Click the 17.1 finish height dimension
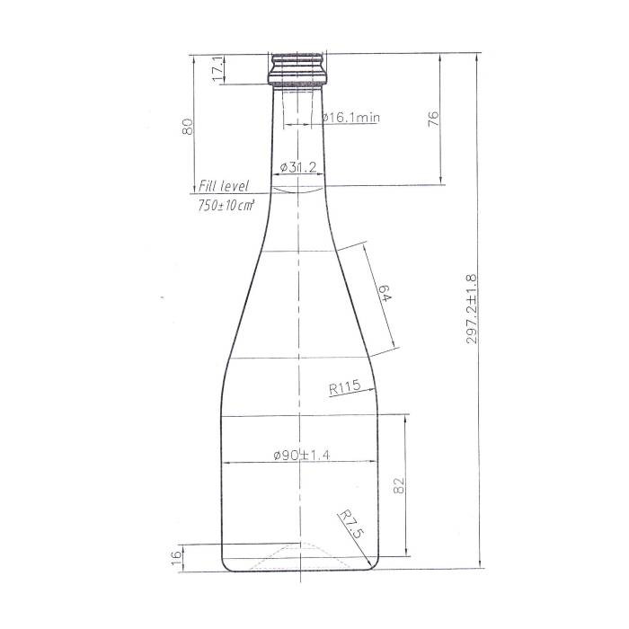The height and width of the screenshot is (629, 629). (217, 68)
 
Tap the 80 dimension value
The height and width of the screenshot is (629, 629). (187, 127)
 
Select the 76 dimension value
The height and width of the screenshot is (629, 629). (433, 120)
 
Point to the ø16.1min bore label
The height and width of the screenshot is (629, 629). (351, 117)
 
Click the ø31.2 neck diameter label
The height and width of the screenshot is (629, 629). (298, 167)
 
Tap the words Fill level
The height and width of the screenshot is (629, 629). (224, 186)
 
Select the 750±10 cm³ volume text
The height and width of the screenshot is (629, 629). (226, 206)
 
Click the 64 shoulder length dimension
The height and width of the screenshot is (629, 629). (384, 293)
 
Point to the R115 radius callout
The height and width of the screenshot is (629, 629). (344, 387)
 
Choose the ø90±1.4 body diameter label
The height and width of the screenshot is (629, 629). (302, 455)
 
